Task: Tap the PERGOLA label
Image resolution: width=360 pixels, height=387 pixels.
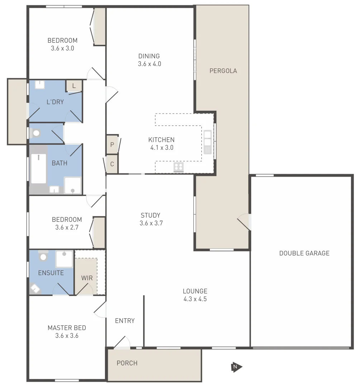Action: pyautogui.click(x=223, y=71)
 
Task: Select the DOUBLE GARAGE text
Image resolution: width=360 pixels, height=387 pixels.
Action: pyautogui.click(x=304, y=253)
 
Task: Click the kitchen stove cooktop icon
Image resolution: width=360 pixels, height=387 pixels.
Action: pyautogui.click(x=179, y=167)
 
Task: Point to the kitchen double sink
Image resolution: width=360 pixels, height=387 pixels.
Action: pyautogui.click(x=207, y=142)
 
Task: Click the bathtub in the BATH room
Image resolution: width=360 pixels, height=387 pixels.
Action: pyautogui.click(x=38, y=168)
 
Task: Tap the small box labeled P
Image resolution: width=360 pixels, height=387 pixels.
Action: pyautogui.click(x=112, y=145)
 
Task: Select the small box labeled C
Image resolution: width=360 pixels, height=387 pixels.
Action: pyautogui.click(x=112, y=164)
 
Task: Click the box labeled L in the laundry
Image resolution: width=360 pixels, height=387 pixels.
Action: pyautogui.click(x=74, y=86)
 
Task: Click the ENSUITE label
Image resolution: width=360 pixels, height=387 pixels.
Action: pyautogui.click(x=51, y=273)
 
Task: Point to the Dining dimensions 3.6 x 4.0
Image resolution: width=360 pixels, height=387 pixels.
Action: pyautogui.click(x=149, y=64)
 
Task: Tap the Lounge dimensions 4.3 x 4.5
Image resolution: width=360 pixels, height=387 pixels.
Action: pyautogui.click(x=195, y=299)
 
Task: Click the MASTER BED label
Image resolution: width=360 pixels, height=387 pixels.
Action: pyautogui.click(x=67, y=328)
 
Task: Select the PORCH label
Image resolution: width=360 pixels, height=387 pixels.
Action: pyautogui.click(x=127, y=363)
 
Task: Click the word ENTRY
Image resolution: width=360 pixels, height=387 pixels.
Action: pyautogui.click(x=125, y=321)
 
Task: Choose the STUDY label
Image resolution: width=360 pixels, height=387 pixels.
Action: pyautogui.click(x=150, y=215)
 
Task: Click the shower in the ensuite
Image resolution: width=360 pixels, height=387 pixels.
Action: pyautogui.click(x=64, y=259)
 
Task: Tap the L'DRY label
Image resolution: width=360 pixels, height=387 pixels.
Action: pyautogui.click(x=55, y=102)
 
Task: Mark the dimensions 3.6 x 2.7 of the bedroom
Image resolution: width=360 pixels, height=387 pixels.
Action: pyautogui.click(x=67, y=228)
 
